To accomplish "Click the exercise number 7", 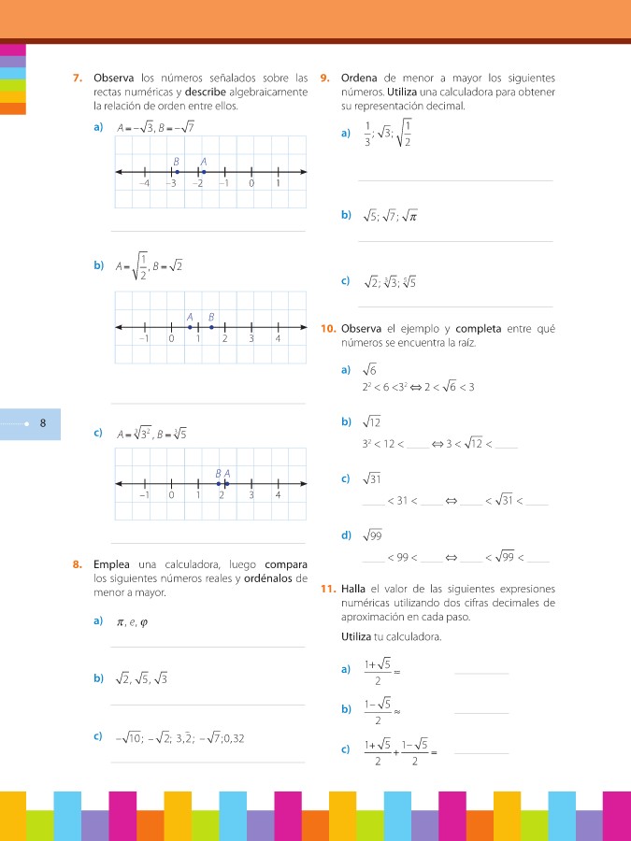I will click(x=79, y=78).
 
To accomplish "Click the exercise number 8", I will click(x=79, y=564).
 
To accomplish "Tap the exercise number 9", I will click(x=324, y=78).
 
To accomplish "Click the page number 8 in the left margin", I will click(x=43, y=423).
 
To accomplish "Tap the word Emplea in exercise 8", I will click(x=112, y=564).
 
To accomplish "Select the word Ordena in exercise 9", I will click(x=360, y=78).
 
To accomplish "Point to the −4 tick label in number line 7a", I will click(x=144, y=184).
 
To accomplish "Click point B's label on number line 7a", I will click(x=176, y=162).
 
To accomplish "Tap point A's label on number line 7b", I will click(x=190, y=317).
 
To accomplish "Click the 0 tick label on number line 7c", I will click(x=172, y=495).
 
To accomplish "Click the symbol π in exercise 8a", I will click(x=120, y=621).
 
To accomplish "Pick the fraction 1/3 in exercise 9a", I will click(x=367, y=135).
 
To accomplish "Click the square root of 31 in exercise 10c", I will click(x=373, y=479).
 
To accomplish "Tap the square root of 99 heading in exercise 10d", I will click(x=373, y=535).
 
